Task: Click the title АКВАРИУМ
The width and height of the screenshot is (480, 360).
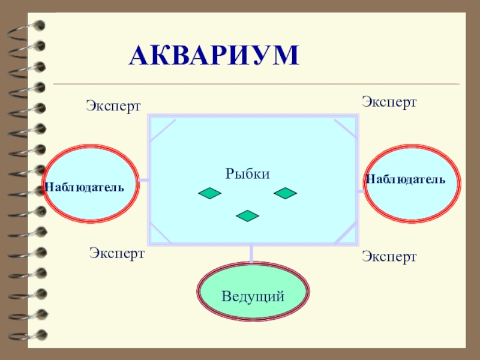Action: [x=214, y=55]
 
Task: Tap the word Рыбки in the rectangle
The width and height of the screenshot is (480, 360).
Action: [x=248, y=173]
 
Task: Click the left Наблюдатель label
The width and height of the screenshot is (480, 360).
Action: [x=84, y=187]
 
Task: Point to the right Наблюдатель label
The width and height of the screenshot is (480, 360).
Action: [x=406, y=179]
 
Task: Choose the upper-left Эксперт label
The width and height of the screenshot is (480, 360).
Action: [x=113, y=106]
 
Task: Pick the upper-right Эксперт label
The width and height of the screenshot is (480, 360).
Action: [x=389, y=101]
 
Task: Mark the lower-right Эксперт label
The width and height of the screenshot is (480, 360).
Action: [x=389, y=257]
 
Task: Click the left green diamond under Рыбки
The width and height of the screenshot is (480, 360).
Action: [x=210, y=193]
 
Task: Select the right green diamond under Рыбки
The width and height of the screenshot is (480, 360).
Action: [x=286, y=193]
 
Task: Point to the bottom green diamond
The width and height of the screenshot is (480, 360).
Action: [x=248, y=215]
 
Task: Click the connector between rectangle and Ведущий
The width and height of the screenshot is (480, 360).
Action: [x=251, y=253]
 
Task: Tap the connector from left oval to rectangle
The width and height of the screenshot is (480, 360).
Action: [x=144, y=179]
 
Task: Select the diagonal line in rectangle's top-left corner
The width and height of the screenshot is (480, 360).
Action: [x=163, y=130]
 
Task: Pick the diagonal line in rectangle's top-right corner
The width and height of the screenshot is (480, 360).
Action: [x=344, y=129]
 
